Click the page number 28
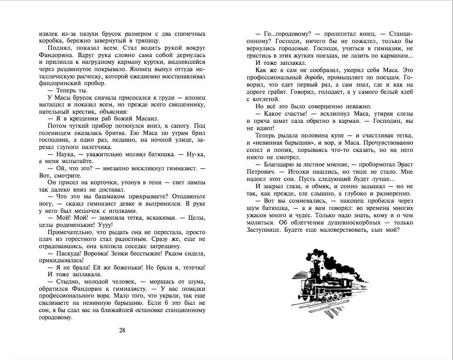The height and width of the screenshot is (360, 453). pyautogui.click(x=122, y=330)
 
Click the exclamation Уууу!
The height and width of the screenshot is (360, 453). pyautogui.click(x=104, y=225)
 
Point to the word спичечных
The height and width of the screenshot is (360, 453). pyautogui.click(x=189, y=34)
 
